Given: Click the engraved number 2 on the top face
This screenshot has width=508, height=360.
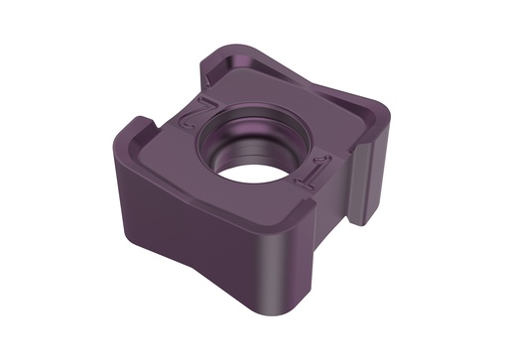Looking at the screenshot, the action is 190,112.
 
